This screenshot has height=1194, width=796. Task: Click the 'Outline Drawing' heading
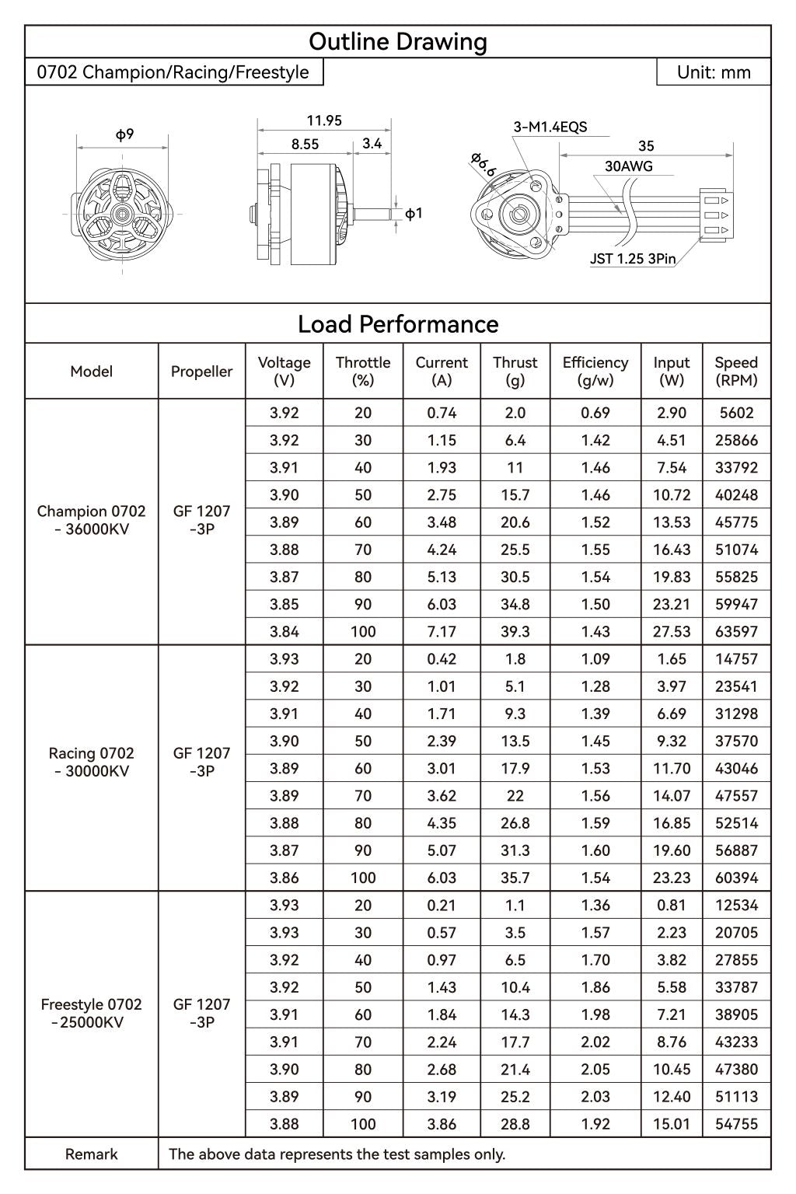pos(398,42)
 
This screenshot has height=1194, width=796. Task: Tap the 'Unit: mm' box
pos(714,72)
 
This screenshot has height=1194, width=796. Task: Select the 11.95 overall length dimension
pos(324,120)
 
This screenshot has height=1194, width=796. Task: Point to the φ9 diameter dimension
pos(124,134)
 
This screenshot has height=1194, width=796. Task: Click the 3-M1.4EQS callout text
pos(550,127)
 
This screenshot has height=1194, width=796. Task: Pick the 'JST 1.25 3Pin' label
pos(633,259)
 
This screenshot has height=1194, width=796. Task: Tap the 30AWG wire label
pos(628,166)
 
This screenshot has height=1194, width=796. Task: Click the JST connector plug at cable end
pos(714,215)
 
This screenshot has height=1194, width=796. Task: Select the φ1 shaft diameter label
pos(414,213)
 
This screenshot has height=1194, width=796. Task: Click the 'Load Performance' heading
pos(398,324)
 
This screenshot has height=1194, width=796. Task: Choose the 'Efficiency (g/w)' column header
pos(595,372)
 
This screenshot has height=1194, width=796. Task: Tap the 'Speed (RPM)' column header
pos(736,372)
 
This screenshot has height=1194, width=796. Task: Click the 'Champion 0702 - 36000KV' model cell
pos(92,521)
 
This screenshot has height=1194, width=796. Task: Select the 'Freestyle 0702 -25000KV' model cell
pos(92,1014)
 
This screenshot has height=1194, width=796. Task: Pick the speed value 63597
pos(736,632)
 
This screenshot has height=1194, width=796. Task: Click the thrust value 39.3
pos(515,632)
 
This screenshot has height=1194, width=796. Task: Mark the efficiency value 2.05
pos(595,1070)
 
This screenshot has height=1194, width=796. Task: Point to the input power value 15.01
pos(672,1124)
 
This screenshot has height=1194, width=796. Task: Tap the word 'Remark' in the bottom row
pos(92,1154)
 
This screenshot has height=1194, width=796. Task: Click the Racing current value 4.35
pos(442,823)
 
